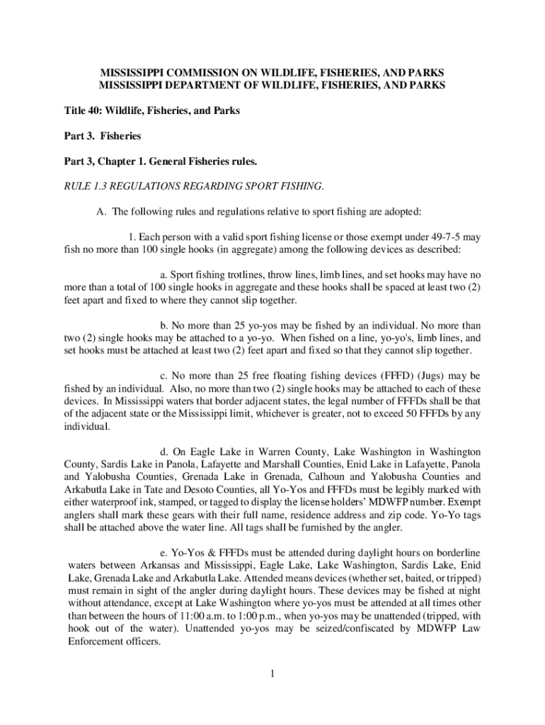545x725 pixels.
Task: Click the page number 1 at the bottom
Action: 272,673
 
